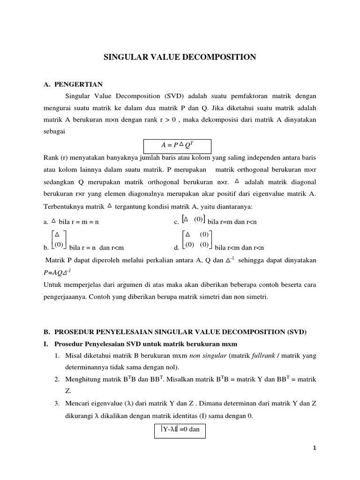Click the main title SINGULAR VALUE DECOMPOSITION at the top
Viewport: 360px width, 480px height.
(x=180, y=57)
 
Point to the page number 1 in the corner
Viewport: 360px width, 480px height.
(x=315, y=448)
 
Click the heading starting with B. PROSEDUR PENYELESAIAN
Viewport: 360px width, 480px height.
(x=174, y=332)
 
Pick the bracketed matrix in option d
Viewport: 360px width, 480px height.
(x=197, y=240)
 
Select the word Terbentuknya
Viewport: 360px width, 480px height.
(x=62, y=207)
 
